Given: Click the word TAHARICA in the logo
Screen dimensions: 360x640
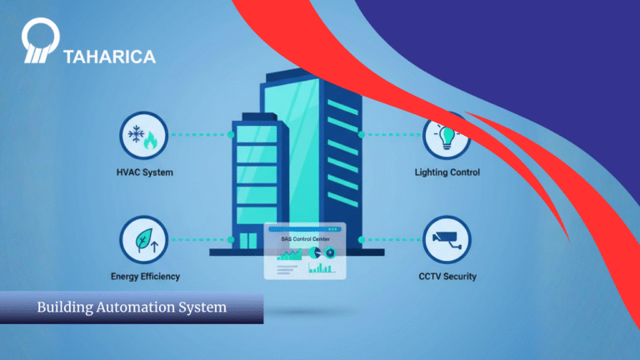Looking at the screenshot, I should pos(109,57).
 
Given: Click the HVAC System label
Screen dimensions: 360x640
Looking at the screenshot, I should pos(144,173).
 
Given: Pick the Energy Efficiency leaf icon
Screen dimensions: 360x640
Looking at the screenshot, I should pos(144,239).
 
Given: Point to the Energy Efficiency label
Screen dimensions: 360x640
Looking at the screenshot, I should pos(145,276).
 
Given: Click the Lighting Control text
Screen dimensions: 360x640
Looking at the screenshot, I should pos(447,173).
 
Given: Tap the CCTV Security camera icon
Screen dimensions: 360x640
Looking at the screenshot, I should pos(447,239).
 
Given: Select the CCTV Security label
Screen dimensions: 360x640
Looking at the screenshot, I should pos(447,276).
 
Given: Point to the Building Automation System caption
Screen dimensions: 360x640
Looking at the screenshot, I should pos(132,307).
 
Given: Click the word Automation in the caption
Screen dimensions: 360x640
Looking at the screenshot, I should pos(138,307).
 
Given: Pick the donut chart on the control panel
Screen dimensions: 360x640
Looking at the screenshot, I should pos(315,252).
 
